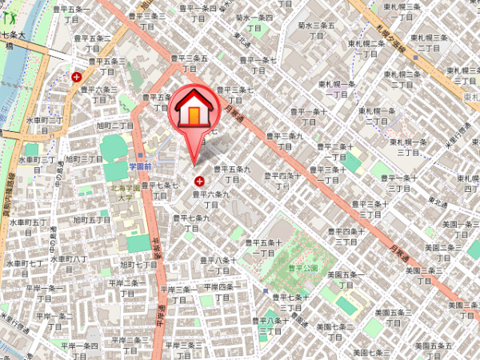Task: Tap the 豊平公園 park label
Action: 304,268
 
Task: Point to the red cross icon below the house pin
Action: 198,182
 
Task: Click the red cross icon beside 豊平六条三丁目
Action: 76,78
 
